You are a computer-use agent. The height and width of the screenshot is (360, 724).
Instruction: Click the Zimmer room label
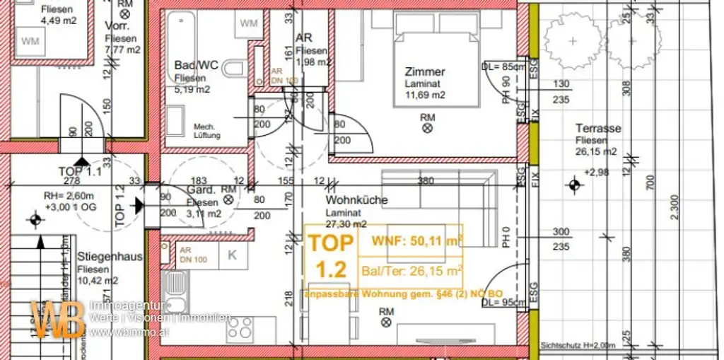425,71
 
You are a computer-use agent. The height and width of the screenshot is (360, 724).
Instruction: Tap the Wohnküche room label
356,200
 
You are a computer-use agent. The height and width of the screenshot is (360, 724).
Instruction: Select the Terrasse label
598,129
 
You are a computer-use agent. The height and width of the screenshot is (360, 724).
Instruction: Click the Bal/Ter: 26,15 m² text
417,269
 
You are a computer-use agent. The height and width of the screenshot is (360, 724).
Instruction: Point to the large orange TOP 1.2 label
330,256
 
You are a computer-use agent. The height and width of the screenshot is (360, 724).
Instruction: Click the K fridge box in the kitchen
232,257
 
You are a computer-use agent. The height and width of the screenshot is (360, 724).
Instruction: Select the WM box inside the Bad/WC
249,23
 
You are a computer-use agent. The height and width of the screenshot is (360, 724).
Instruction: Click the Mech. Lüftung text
207,131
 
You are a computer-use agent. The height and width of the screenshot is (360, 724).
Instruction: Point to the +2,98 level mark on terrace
595,172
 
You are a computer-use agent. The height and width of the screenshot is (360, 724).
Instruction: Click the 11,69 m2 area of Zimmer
424,95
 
